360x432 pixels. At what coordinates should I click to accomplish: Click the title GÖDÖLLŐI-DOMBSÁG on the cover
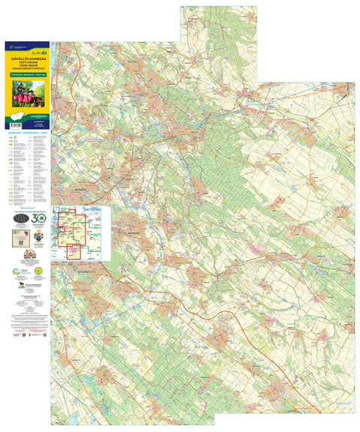26,55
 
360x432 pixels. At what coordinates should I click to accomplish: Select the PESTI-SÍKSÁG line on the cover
26,60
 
